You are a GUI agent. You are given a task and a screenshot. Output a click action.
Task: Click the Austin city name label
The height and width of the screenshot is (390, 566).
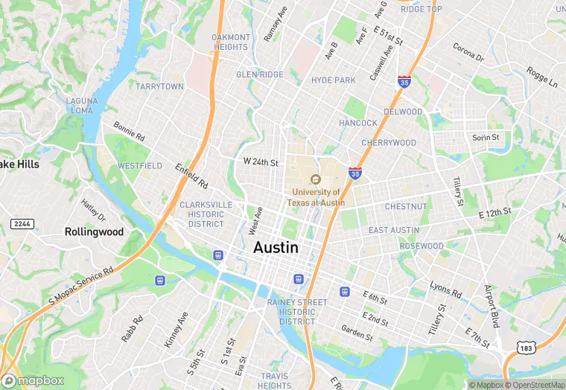276,248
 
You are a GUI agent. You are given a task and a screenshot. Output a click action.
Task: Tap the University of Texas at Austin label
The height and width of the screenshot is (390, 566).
317,197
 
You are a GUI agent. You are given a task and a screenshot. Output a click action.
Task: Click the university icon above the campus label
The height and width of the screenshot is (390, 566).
316,179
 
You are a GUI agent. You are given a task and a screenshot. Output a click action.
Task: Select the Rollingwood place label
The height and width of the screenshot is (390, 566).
94,231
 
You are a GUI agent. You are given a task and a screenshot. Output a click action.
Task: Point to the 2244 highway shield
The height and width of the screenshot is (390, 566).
22,224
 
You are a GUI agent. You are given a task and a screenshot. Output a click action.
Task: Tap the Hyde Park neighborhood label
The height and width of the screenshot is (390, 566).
333,80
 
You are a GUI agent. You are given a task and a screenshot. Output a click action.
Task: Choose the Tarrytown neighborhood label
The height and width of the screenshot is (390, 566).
159,86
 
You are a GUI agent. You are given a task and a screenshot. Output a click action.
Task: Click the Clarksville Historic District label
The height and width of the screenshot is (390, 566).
206,214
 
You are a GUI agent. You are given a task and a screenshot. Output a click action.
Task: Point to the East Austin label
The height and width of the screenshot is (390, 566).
394,231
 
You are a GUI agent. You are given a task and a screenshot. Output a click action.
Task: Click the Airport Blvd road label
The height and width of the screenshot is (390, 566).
491,306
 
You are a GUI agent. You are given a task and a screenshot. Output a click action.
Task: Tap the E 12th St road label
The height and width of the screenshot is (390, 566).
495,212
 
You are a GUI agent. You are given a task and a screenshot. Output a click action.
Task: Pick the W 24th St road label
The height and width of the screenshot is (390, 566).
261,162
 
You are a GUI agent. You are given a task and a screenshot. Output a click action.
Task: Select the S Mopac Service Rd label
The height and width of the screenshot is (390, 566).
81,286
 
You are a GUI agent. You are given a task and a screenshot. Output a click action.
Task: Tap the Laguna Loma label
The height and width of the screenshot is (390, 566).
81,105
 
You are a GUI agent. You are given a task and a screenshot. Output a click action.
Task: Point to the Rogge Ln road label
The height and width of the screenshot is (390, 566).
541,75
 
